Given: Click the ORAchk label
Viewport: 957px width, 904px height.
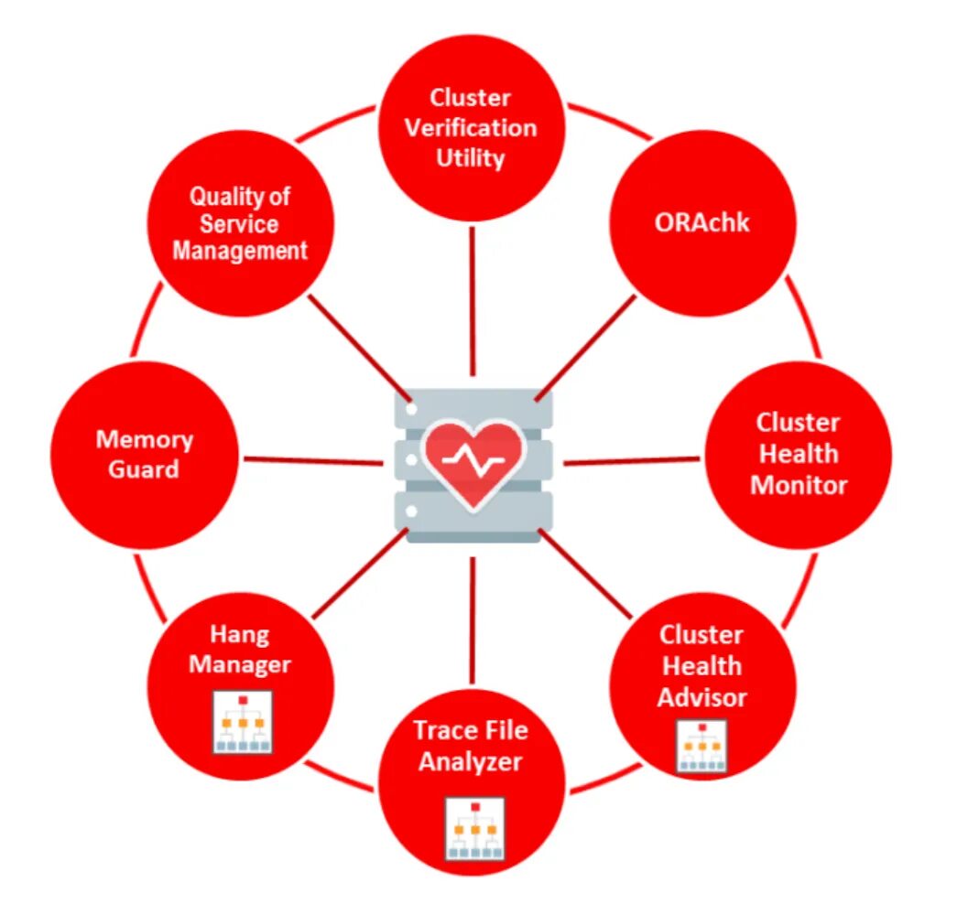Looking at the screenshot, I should coord(701,222).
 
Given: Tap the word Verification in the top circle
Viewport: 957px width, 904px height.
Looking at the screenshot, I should coord(471,127).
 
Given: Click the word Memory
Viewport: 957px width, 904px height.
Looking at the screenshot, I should coord(145,439).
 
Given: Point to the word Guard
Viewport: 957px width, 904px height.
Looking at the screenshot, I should coord(144,469).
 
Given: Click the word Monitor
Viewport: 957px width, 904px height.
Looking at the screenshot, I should coord(799,485).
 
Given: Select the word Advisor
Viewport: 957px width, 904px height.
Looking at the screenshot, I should coord(702,697).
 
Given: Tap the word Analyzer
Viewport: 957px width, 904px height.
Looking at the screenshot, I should coord(471,761).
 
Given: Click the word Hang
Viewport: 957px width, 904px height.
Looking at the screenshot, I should coord(240,633).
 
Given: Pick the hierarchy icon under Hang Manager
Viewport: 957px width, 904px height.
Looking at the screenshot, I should coord(243,723).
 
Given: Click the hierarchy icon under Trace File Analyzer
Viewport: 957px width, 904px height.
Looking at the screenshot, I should coord(474,828).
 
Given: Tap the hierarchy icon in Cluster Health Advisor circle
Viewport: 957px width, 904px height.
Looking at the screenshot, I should coord(702,747).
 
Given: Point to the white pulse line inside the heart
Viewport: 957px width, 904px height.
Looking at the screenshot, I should coord(473,461).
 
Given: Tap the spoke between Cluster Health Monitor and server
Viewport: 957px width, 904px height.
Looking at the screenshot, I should coord(632,461).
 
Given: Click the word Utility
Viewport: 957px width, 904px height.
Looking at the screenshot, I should coord(471,158).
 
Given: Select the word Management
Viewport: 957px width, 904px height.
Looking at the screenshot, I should coord(240,251).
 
